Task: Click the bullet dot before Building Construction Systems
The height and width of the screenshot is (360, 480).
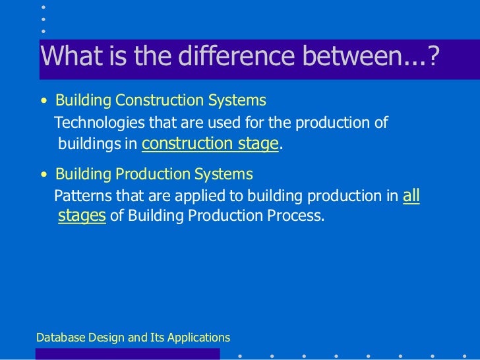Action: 44,102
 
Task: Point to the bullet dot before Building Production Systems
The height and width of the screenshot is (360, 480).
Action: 44,176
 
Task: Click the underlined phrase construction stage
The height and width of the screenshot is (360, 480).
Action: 210,144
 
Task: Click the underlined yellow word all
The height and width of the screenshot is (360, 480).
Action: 411,195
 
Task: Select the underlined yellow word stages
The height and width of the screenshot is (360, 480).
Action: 82,216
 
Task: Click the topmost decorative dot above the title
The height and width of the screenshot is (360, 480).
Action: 44,7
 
